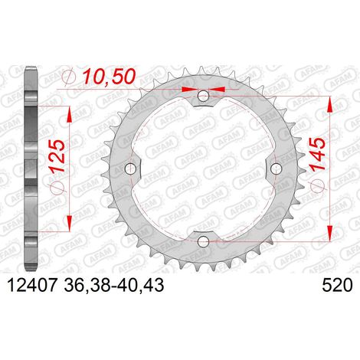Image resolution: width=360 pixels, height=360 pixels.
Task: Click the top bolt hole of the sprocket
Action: [x=203, y=96]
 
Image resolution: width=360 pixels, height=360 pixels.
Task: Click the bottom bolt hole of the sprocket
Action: [x=203, y=241]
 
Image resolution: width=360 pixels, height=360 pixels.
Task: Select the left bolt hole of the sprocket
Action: [x=130, y=168]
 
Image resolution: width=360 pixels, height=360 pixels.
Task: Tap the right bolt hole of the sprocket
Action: [x=276, y=169]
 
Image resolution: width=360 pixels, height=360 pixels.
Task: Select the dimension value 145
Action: [x=317, y=154]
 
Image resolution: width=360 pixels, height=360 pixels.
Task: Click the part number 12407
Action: [x=31, y=285]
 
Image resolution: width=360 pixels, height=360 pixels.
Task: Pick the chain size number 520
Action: [x=337, y=285]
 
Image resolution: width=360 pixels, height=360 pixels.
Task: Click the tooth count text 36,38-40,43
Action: [x=114, y=285]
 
